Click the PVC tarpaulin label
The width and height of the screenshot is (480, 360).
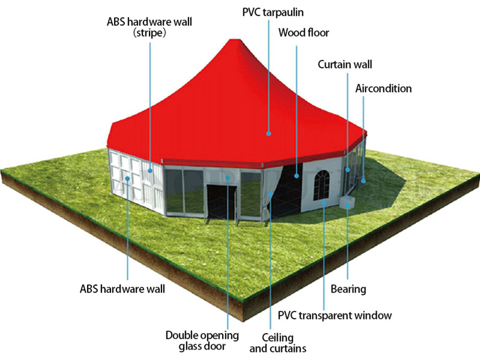[273, 13]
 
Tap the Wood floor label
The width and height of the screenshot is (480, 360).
[304, 32]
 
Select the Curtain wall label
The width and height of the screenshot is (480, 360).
[344, 64]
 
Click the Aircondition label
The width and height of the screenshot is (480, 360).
[383, 88]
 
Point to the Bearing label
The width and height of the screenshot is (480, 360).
[348, 289]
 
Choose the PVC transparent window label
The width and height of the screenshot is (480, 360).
[335, 316]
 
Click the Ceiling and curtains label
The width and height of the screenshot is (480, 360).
[278, 343]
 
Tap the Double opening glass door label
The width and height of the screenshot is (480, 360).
[202, 340]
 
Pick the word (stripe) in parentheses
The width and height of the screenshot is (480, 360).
[149, 32]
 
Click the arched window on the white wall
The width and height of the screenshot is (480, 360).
[322, 185]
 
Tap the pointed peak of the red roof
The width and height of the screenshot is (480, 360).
[235, 40]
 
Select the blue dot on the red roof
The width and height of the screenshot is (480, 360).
[268, 133]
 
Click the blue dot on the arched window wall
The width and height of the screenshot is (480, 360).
[323, 202]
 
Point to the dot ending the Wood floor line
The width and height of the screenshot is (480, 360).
[296, 176]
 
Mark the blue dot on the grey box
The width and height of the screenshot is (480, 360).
[347, 205]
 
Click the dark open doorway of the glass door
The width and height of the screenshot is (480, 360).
[221, 202]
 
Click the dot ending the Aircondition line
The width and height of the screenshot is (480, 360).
[364, 181]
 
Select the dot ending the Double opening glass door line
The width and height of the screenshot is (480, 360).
[228, 178]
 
